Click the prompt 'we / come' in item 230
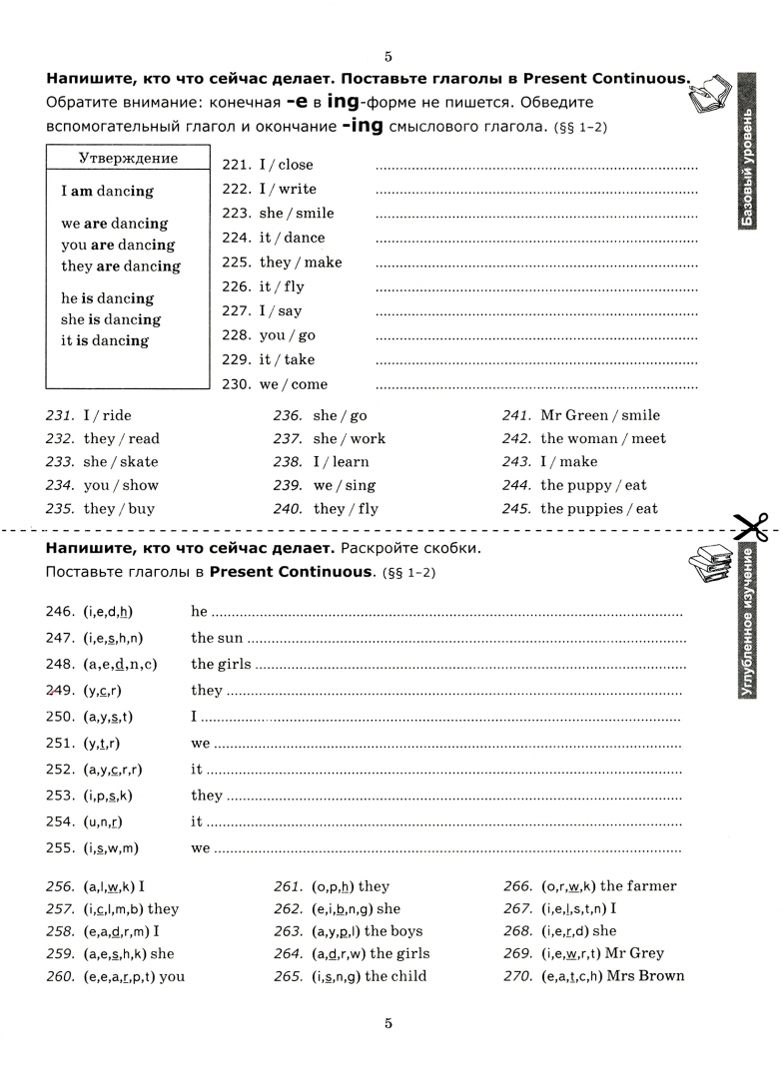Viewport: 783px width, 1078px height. [x=293, y=384]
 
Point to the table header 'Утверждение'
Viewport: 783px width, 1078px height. [x=128, y=158]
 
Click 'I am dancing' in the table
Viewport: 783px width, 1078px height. [x=108, y=191]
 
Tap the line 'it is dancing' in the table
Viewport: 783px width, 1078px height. [x=105, y=340]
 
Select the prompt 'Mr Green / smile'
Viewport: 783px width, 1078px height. [x=600, y=415]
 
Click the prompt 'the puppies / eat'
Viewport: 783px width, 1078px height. [x=599, y=508]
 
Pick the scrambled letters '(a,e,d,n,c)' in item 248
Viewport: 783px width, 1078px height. [x=121, y=664]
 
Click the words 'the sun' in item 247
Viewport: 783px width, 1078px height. [x=217, y=638]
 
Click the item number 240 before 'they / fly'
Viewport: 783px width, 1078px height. [x=288, y=508]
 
